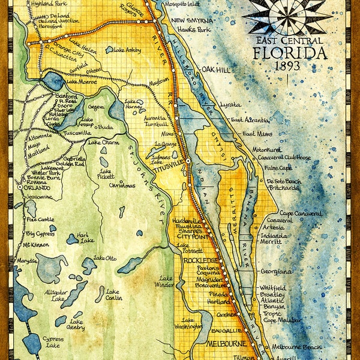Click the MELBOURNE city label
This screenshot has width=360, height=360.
coord(227,344)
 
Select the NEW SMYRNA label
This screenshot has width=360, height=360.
coord(191,20)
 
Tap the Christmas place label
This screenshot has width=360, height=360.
coord(122,185)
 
